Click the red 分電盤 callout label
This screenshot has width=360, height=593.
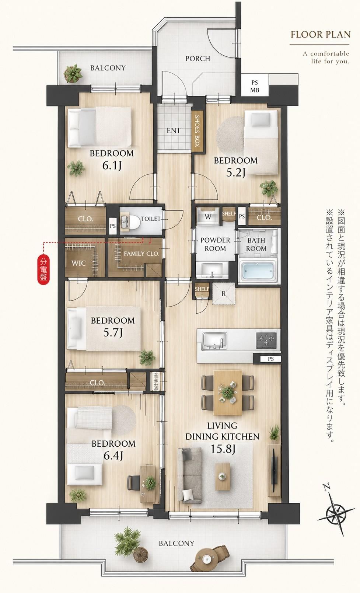tap(43, 269)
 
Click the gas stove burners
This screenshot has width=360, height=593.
tap(266, 340)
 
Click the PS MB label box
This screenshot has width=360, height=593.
tap(255, 87)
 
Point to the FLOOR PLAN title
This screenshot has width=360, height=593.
tap(321, 35)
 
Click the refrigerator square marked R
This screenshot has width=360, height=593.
tap(224, 294)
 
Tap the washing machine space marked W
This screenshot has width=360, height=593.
tap(208, 217)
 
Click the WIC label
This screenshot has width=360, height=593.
tap(78, 263)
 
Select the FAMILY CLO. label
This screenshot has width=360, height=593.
tap(141, 254)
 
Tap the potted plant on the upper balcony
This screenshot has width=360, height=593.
tap(73, 73)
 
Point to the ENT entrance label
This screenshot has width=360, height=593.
tap(174, 130)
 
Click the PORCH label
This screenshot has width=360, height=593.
tap(198, 59)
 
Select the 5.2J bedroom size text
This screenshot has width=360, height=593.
tap(235, 173)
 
